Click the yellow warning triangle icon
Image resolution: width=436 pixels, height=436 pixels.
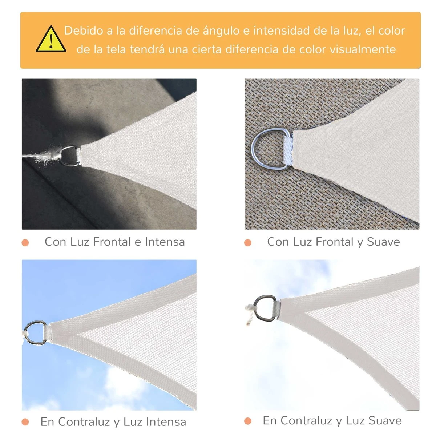(x=51, y=40)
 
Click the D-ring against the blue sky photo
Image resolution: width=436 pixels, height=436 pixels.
(x=35, y=332)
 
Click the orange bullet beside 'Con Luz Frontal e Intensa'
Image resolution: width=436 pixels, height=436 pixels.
(x=25, y=242)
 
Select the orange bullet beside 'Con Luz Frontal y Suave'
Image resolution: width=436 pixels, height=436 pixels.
(x=248, y=242)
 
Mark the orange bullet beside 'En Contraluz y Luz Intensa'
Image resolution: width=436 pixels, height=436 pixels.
(x=25, y=422)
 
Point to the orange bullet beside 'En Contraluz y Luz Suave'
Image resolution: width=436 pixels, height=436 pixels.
(x=248, y=421)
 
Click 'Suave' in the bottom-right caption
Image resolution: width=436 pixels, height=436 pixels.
(x=385, y=420)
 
